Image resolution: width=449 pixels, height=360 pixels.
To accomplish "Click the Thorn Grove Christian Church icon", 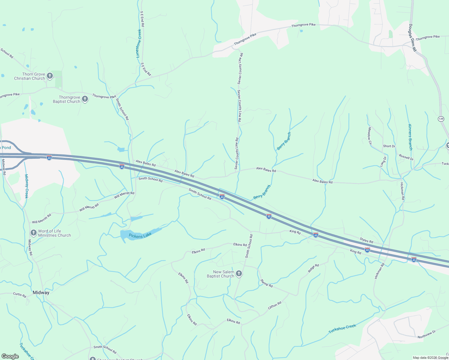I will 50,76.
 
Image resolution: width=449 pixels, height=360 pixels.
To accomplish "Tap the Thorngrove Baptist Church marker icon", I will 85,99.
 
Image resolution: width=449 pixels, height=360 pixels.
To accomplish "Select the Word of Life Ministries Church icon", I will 34,233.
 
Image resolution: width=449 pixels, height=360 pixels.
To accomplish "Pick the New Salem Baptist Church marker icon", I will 239,274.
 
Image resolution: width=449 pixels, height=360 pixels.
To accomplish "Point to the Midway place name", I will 41,292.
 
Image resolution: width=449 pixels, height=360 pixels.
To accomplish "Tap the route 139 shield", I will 441,119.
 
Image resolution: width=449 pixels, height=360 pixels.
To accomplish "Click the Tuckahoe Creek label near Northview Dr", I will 342,328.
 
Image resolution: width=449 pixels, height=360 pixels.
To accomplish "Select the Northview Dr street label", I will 426,335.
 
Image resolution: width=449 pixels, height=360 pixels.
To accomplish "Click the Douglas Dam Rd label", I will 412,38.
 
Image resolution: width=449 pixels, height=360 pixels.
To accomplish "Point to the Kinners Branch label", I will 410,137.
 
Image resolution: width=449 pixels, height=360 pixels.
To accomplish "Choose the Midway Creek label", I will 26,186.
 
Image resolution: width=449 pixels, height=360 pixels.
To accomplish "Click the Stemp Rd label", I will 267,283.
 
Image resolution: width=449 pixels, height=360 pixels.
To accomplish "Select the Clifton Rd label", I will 275,305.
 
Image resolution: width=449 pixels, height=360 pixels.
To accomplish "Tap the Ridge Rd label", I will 313,268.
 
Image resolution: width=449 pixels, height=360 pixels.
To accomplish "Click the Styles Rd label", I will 366,240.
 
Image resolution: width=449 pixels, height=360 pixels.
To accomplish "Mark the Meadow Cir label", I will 370,136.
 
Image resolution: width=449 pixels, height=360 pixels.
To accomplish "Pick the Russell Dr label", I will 406,157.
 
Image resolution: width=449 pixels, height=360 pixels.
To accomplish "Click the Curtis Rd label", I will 20,295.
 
